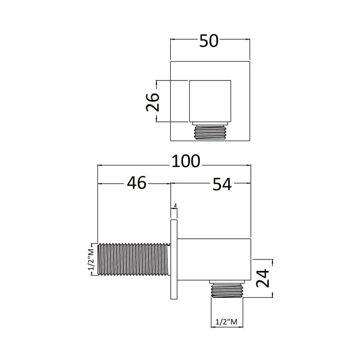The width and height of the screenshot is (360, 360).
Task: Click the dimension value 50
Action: coord(209,41)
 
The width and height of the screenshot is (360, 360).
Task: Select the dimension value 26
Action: coord(153,102)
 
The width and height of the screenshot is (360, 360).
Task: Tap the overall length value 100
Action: coord(186,161)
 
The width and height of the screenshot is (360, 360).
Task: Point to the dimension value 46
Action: coord(137,183)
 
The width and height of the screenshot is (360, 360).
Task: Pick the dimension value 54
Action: coord(222,184)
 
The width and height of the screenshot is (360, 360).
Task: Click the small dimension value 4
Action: coord(175,206)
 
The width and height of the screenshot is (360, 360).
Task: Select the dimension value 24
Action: coord(263,278)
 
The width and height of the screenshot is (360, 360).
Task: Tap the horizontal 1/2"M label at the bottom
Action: coord(227,322)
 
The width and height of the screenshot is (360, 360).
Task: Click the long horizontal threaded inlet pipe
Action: coord(134,259)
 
